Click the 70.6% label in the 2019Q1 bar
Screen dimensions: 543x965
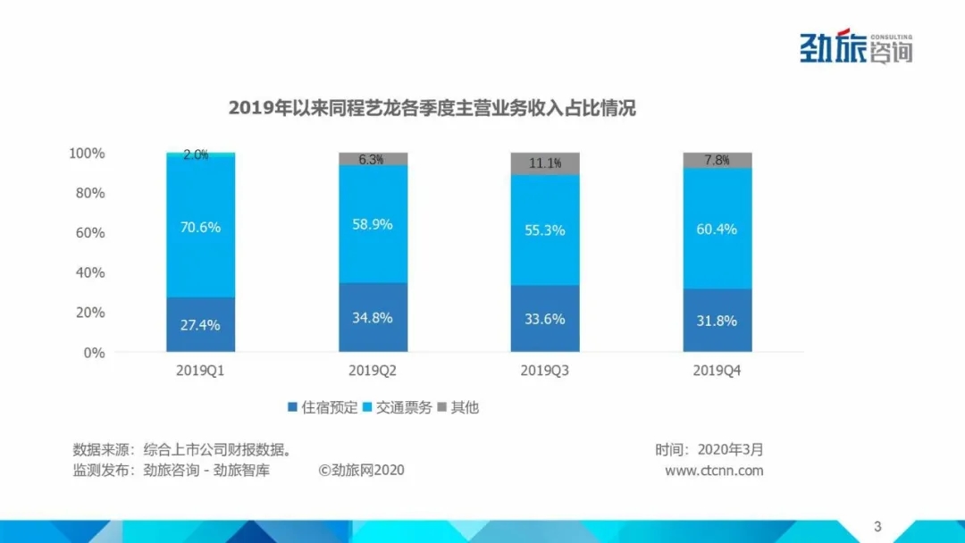coord(201,227)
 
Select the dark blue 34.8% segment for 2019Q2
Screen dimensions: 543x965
coord(373,318)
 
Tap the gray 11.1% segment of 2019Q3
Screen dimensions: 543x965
coord(545,163)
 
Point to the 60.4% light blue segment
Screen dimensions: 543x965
coord(717,229)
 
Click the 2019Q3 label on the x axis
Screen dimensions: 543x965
coord(545,371)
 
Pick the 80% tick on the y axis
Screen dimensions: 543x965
coord(88,193)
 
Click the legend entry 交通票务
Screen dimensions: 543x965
coord(397,407)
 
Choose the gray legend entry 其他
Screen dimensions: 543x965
coord(457,407)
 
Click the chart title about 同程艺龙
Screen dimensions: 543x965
coord(432,109)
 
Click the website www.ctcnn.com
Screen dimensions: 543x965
coord(714,471)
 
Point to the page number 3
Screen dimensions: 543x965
coord(877,525)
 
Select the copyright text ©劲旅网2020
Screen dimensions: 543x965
coord(361,471)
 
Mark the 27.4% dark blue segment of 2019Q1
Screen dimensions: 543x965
coord(201,324)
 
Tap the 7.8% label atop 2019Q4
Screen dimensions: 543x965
coord(717,160)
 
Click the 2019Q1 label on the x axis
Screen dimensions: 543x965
coord(201,371)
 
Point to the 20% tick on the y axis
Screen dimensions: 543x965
coord(88,313)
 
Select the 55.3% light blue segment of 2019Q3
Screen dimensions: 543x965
coord(545,230)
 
